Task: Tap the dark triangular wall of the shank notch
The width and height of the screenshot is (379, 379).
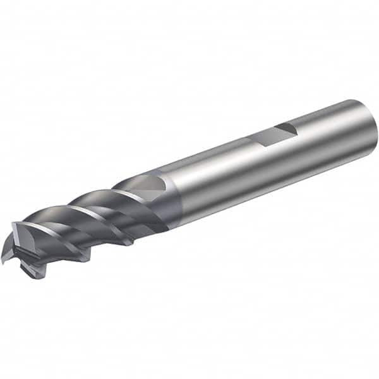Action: [x=286, y=129]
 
